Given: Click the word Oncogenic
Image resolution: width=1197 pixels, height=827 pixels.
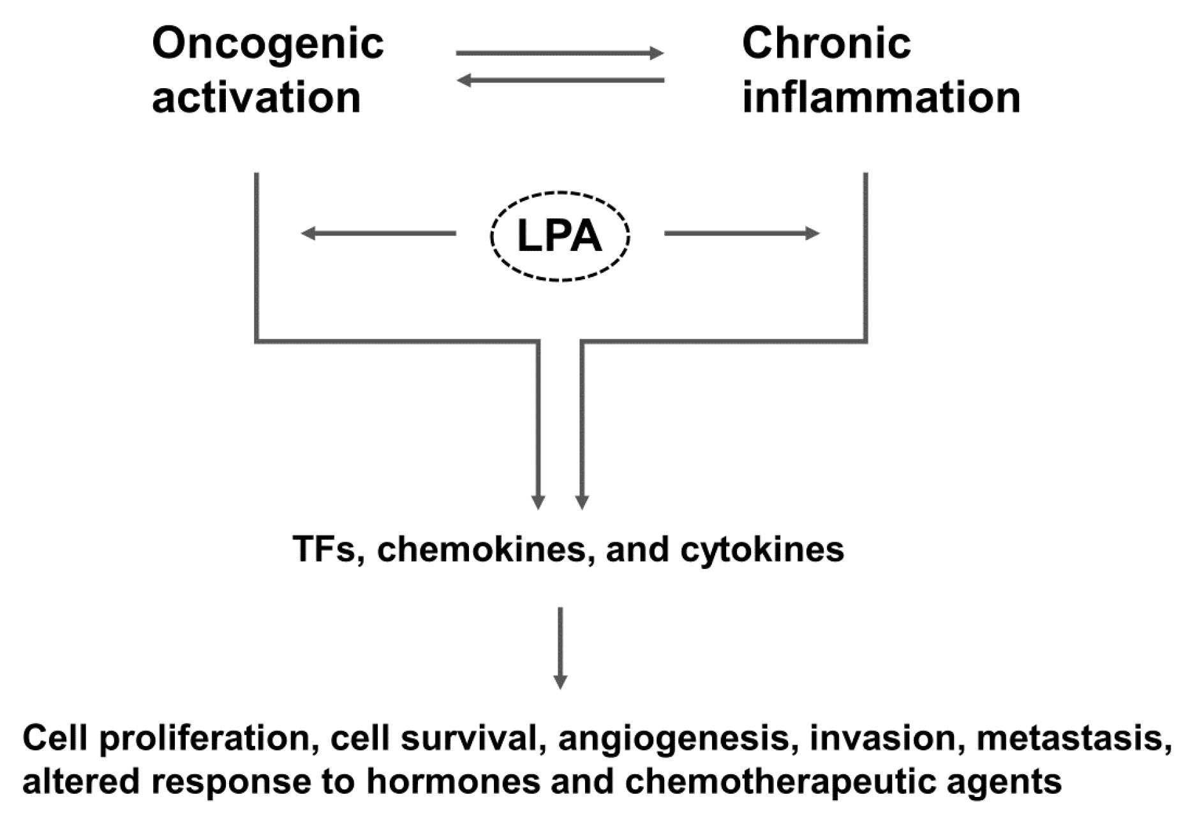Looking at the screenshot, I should point(268,45).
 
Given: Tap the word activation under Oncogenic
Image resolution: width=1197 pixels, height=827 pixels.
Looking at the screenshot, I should point(256,98).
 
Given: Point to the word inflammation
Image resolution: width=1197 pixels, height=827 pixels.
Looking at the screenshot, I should point(881,98).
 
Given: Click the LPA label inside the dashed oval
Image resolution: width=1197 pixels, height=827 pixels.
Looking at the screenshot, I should point(560,237).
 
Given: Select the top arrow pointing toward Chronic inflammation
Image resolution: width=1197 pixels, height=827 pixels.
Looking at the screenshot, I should point(560,54).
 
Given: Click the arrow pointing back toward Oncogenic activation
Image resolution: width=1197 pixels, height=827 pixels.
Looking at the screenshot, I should point(560,80).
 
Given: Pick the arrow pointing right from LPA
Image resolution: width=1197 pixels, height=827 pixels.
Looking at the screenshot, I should point(741,234).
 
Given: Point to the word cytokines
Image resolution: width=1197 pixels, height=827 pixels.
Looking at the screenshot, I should point(762,549).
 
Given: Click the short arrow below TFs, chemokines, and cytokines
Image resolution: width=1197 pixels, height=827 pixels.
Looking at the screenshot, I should point(560,648).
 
